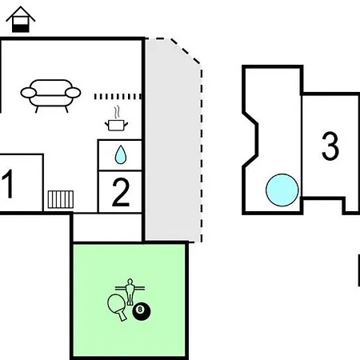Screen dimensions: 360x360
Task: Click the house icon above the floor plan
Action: (x=21, y=20)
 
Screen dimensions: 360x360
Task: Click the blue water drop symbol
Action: (x=120, y=154)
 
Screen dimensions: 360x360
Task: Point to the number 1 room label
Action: (x=8, y=184)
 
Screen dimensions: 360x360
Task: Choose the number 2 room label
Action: (x=121, y=192)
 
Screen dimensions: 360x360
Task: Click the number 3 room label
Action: (x=330, y=146)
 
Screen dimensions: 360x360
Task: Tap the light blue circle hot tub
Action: (x=282, y=190)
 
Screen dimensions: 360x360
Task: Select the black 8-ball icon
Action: (x=142, y=311)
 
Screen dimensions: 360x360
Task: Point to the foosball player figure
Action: (x=130, y=292)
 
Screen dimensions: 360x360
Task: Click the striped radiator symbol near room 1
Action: (x=61, y=199)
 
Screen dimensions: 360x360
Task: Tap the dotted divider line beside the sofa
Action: (x=118, y=97)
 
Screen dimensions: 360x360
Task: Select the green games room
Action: (x=130, y=300)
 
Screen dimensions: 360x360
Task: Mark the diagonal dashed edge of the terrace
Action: (x=185, y=51)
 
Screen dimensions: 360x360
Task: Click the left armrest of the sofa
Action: (x=28, y=93)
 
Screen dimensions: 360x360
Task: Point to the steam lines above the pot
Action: (x=116, y=113)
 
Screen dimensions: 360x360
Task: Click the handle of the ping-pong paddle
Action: (x=122, y=316)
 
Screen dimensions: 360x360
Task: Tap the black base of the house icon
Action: (x=21, y=28)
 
